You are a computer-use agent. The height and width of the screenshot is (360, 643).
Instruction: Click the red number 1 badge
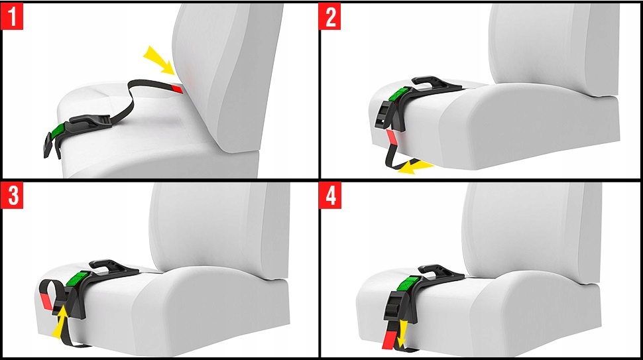(13, 17)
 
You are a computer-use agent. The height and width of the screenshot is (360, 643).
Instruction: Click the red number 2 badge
(329, 17)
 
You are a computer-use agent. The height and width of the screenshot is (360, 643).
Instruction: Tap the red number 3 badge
(13, 196)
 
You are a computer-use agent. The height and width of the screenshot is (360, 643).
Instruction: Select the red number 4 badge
(330, 196)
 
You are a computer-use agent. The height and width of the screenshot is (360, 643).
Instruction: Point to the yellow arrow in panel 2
(416, 166)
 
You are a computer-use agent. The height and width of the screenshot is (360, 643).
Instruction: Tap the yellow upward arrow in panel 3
(60, 322)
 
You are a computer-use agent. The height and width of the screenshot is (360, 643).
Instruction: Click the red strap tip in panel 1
(178, 88)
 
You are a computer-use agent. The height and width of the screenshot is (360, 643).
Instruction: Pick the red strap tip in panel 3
(46, 302)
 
